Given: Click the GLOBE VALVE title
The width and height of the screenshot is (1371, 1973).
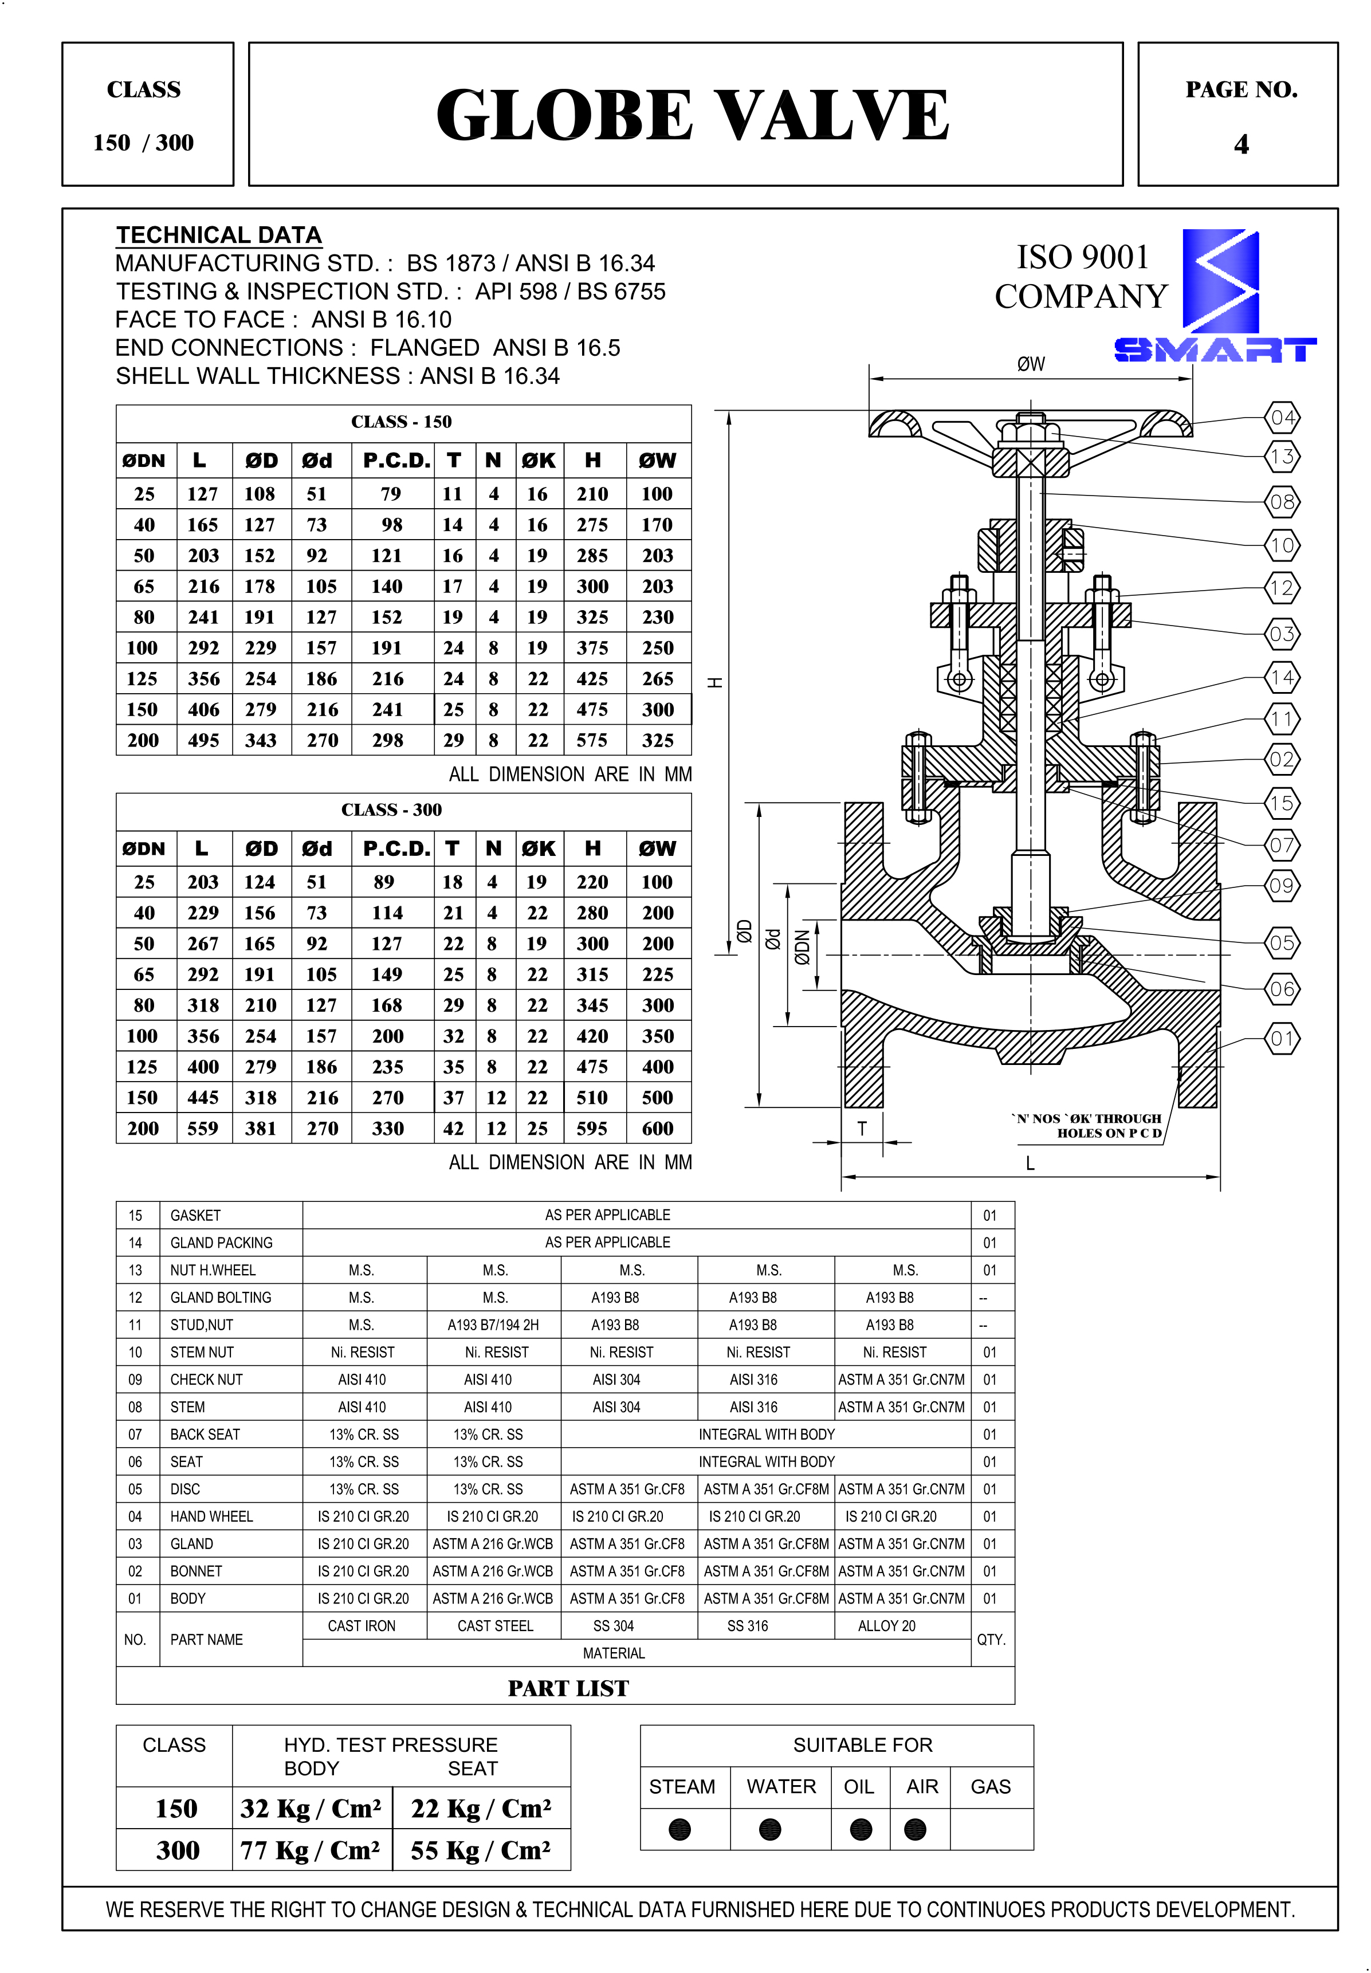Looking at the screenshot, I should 692,115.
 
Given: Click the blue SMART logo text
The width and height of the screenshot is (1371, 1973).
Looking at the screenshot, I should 1215,349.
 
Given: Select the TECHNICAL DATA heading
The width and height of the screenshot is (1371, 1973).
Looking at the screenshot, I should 219,234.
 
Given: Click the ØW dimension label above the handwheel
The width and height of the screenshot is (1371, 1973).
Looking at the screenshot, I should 1031,364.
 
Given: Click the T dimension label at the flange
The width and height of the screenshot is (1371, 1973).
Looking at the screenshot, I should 862,1129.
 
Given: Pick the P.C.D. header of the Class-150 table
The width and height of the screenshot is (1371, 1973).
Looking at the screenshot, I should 396,461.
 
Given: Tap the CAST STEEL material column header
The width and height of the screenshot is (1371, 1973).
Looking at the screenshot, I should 495,1626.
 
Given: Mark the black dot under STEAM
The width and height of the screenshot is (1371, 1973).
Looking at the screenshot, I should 679,1830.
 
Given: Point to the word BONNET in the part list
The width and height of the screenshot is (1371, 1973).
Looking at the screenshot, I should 196,1571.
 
